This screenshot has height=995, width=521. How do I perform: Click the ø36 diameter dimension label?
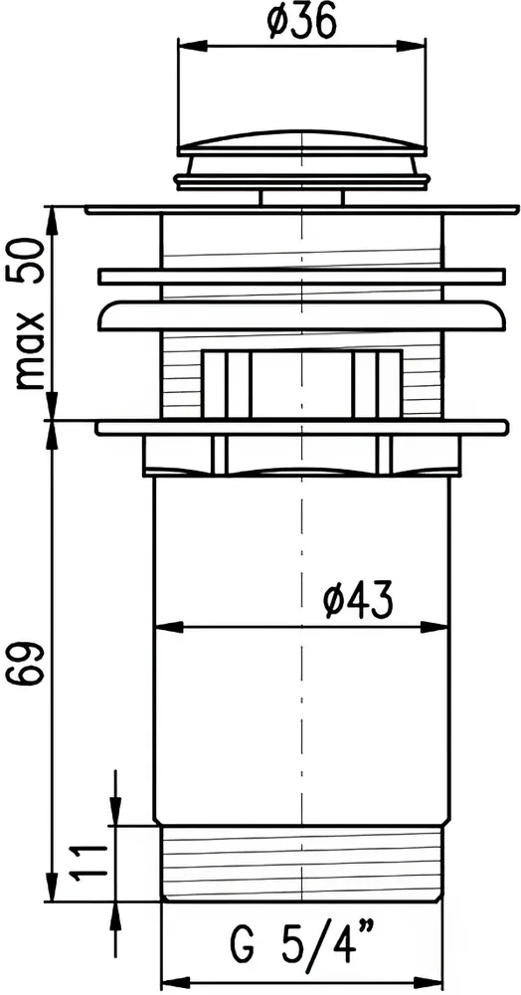coord(299,21)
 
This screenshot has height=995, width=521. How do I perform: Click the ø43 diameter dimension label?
coord(358,599)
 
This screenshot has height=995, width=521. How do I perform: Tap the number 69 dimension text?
coord(25,664)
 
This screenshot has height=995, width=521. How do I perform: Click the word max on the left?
coord(30,348)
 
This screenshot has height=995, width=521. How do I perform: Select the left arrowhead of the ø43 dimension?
coord(165,627)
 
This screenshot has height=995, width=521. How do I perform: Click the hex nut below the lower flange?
coord(301,456)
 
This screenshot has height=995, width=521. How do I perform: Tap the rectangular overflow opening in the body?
coord(301,383)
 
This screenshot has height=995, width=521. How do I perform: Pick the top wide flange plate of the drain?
coord(301,211)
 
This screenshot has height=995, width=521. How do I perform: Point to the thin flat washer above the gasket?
coord(301,276)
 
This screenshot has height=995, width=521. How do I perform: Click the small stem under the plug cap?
coord(301,196)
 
